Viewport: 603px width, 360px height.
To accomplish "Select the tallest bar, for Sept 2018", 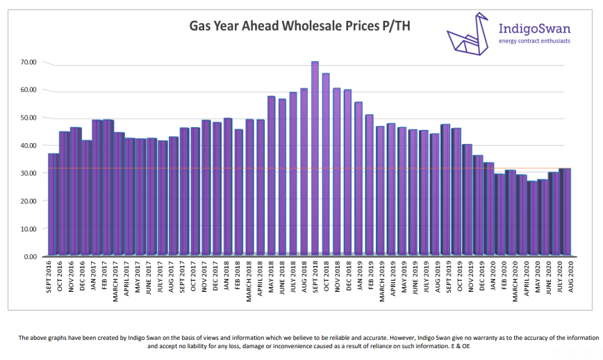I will [x=315, y=160].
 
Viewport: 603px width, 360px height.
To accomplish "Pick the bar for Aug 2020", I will [x=565, y=212].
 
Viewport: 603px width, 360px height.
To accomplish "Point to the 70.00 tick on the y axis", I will [x=29, y=63].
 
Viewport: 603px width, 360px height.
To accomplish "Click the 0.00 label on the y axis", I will [x=31, y=256].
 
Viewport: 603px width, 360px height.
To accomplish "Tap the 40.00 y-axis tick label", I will [x=29, y=145].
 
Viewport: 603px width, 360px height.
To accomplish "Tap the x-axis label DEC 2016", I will [x=86, y=277].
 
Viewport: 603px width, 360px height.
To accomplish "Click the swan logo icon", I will [x=468, y=35].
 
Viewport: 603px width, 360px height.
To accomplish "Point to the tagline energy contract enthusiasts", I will [x=535, y=41].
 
